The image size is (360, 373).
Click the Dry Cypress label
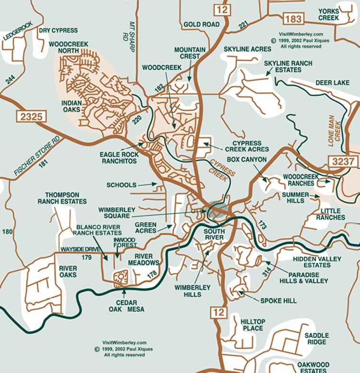coord(58,30)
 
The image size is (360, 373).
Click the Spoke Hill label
coord(278,301)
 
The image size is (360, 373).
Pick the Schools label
coord(121,185)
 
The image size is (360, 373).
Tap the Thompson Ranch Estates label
coord(62,198)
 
